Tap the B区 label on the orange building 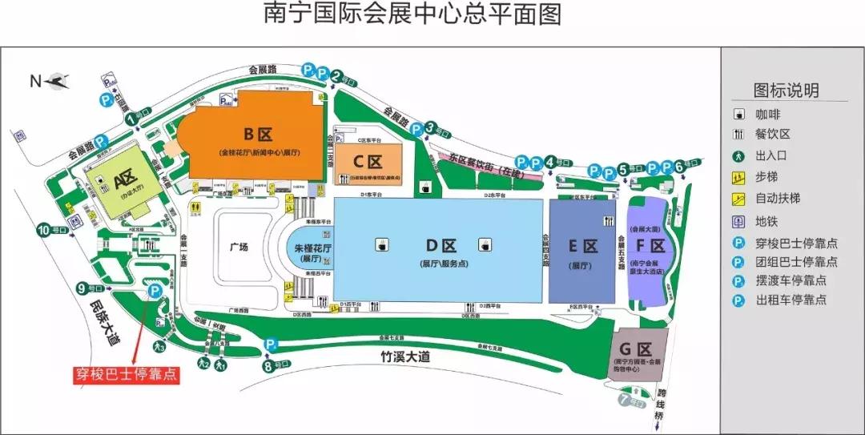click(x=253, y=133)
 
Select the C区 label click(x=368, y=160)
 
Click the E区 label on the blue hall click(x=582, y=246)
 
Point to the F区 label click(x=650, y=246)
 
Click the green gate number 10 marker click(x=42, y=230)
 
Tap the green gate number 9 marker click(x=82, y=288)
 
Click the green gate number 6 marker click(x=679, y=167)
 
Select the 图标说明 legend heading click(x=786, y=90)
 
